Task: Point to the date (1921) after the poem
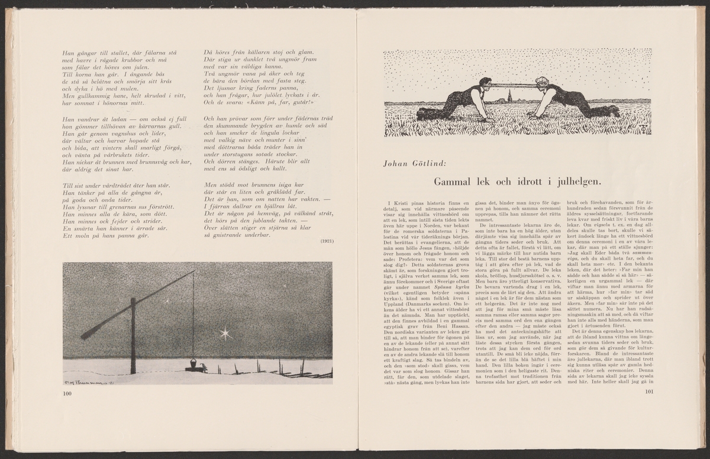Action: [x=327, y=242]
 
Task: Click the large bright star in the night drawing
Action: [x=225, y=333]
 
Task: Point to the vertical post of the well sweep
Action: [x=133, y=337]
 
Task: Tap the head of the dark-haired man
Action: [x=485, y=82]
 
